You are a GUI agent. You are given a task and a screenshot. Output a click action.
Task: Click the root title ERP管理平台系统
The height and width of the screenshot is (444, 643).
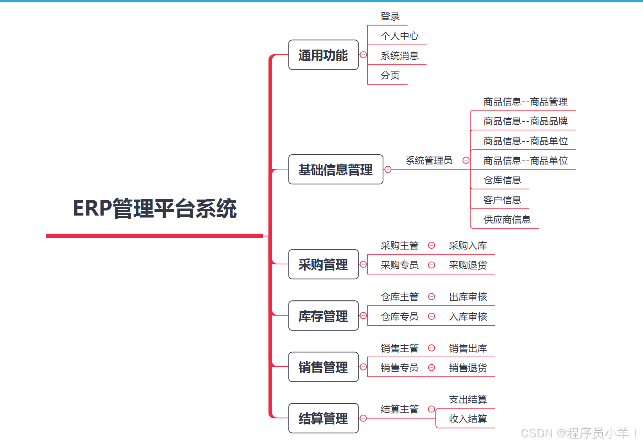(x=155, y=209)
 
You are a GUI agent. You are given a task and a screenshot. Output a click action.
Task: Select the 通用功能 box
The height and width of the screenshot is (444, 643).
(x=323, y=55)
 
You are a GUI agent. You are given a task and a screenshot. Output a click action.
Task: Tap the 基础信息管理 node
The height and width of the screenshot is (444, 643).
(x=335, y=169)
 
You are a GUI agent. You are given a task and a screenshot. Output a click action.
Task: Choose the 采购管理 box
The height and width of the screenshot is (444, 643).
(x=323, y=264)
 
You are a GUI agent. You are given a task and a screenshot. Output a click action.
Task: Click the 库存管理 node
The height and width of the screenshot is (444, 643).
(x=323, y=316)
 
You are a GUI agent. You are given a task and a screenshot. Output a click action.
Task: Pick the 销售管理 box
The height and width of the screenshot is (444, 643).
(x=323, y=367)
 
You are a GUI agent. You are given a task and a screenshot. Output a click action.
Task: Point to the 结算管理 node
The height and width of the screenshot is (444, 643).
(x=323, y=418)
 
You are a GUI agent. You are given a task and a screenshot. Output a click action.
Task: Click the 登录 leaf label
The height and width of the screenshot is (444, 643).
(x=390, y=16)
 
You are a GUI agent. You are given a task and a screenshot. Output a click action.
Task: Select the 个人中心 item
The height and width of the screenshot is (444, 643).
(x=399, y=36)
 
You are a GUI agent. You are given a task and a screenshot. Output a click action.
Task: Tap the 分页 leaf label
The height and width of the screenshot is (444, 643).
(x=390, y=75)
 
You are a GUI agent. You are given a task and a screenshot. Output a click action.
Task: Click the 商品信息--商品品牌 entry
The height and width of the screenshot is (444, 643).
(x=525, y=121)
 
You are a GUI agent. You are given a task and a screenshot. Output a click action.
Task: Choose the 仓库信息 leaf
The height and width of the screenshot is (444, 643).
(x=502, y=180)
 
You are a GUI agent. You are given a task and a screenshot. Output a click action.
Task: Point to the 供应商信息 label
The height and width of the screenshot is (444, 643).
(x=507, y=219)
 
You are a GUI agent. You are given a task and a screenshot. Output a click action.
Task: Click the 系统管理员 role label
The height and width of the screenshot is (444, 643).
(x=429, y=160)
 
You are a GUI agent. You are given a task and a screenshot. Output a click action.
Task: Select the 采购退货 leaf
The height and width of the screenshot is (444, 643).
(x=468, y=265)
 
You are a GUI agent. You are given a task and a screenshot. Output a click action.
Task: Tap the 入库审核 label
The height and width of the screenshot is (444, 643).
(x=468, y=316)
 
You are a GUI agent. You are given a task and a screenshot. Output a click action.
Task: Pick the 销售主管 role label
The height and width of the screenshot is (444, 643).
(x=399, y=348)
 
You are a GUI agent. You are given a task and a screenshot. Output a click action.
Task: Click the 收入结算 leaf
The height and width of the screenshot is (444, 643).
(x=468, y=419)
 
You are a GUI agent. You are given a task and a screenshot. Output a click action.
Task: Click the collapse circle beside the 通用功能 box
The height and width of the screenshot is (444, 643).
(x=363, y=55)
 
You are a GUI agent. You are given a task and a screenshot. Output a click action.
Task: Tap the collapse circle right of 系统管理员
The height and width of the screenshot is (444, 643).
(x=466, y=160)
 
